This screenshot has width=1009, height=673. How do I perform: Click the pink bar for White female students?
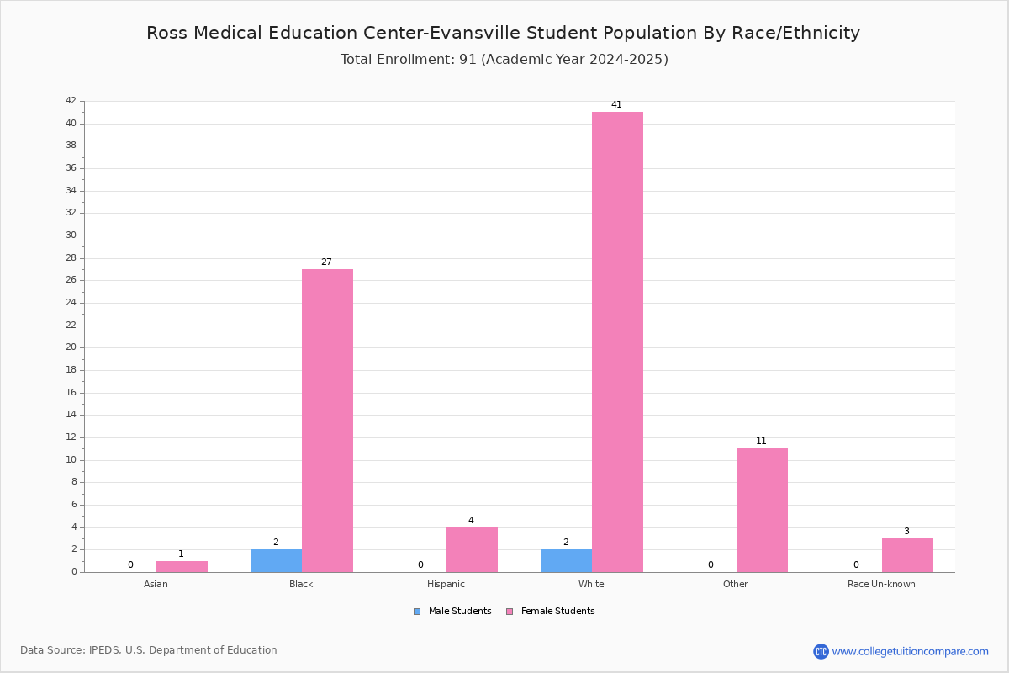click(x=617, y=342)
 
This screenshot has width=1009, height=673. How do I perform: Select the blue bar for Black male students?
click(x=277, y=561)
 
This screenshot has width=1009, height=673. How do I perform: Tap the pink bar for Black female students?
click(x=327, y=421)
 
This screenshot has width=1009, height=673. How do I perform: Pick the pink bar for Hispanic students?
click(x=472, y=550)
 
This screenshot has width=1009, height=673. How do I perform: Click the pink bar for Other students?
click(x=762, y=511)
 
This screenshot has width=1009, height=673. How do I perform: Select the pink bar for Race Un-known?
click(x=907, y=555)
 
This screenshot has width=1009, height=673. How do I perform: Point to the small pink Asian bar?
click(x=182, y=567)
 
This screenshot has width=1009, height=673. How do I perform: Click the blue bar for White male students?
click(x=567, y=561)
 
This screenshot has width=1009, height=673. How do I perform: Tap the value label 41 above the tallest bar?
click(x=616, y=104)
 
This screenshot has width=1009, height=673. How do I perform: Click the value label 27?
click(x=326, y=262)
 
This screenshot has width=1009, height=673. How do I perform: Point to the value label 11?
click(x=761, y=442)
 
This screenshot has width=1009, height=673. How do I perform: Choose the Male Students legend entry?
click(x=452, y=612)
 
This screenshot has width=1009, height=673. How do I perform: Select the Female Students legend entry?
click(x=551, y=612)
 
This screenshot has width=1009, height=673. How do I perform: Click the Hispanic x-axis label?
click(x=446, y=584)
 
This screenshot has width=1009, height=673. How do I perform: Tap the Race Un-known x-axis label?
click(x=881, y=584)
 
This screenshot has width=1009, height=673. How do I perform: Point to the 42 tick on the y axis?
click(x=71, y=100)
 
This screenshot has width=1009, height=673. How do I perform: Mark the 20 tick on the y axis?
click(x=71, y=347)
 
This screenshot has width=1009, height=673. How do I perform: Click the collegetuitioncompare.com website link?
click(x=910, y=651)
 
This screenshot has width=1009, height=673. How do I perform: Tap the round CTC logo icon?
click(x=821, y=651)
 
